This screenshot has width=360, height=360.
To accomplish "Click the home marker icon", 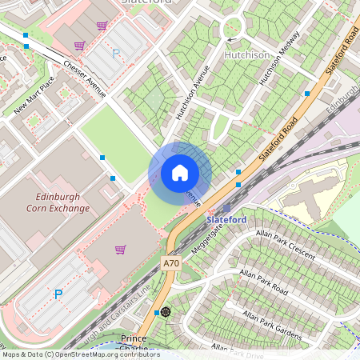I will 180,173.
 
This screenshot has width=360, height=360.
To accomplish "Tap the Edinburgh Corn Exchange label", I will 62,202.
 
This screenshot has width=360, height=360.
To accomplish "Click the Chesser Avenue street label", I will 83,79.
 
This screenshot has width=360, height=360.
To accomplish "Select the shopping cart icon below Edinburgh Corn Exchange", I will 120,250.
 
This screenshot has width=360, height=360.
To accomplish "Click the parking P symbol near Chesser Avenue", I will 116,53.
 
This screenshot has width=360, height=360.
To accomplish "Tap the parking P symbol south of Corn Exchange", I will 58,294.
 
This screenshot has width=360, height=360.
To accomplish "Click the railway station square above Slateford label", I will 226,208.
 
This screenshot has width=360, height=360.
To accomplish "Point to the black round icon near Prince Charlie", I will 166,311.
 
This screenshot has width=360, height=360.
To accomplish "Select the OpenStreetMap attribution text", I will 80,354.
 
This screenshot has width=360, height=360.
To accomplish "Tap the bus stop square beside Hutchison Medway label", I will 307,94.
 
